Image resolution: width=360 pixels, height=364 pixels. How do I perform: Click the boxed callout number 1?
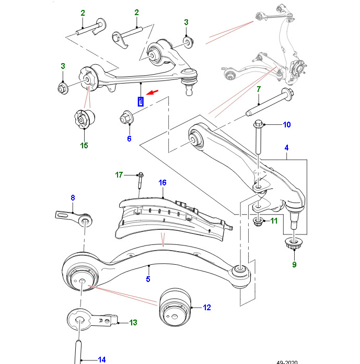click(x=140, y=101)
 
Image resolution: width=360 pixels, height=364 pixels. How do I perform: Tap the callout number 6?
click(x=129, y=138)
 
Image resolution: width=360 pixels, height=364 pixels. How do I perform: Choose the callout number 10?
click(x=286, y=125)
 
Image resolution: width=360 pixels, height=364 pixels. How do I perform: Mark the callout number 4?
click(x=286, y=148)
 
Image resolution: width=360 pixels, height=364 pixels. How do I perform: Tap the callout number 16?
click(x=162, y=183)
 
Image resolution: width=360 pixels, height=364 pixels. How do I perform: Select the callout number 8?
click(x=73, y=197)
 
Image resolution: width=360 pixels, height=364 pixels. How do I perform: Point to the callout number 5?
click(x=148, y=280)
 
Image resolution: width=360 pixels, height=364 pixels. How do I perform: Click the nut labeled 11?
click(x=258, y=221)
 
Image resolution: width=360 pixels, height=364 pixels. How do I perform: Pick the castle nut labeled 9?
click(x=289, y=244)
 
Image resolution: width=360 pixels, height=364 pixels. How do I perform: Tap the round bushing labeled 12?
click(x=177, y=307)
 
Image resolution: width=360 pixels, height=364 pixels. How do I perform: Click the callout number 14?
click(x=101, y=359)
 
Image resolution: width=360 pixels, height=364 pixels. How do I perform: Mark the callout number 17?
click(x=119, y=174)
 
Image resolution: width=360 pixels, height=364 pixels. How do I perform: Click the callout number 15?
click(x=84, y=145)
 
